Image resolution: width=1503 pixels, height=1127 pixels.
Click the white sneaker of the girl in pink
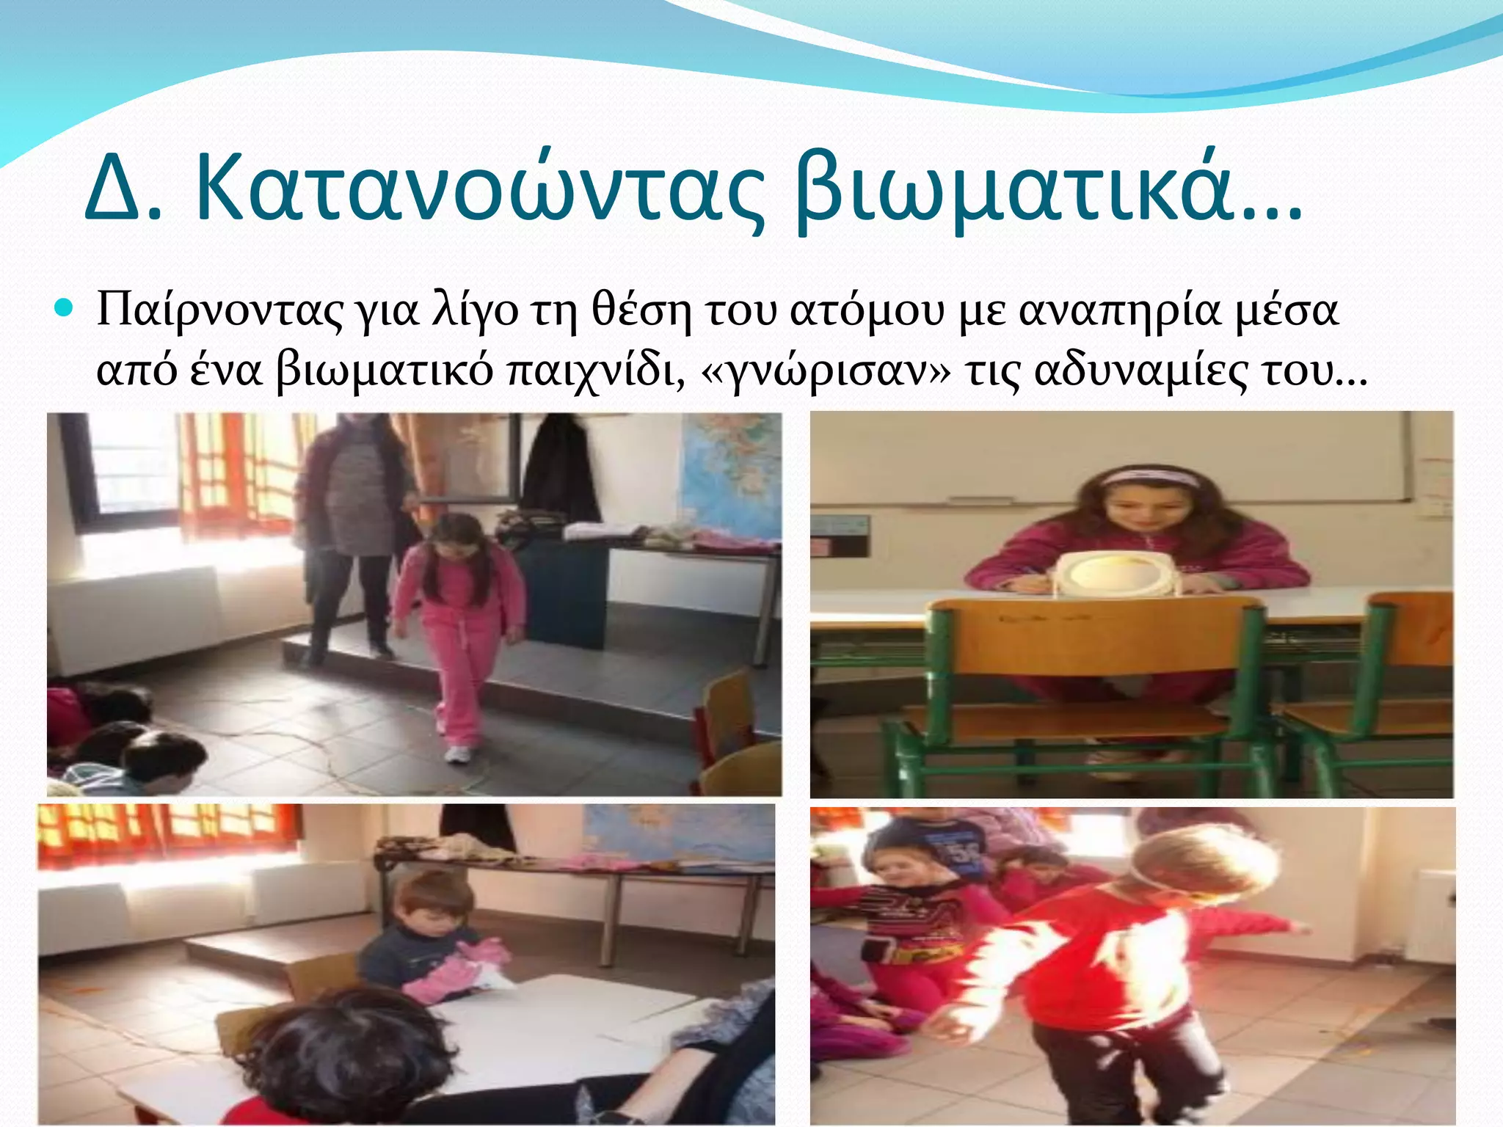point(458,754)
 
